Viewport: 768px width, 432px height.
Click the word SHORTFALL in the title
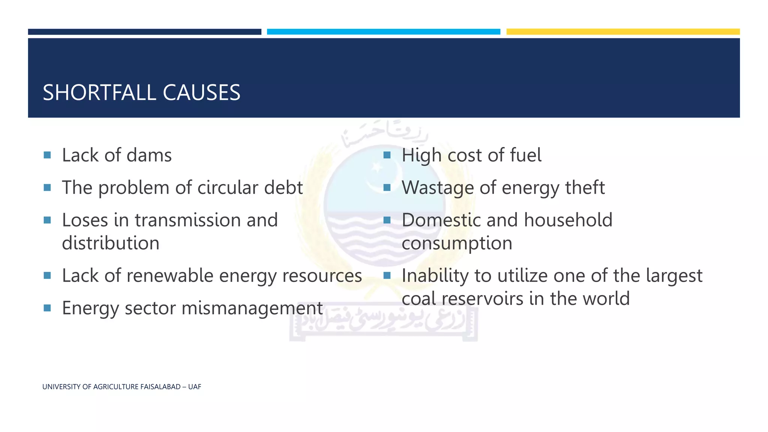tap(99, 93)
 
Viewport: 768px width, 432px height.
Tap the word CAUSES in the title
tap(201, 93)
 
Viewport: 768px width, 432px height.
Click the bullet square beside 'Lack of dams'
tap(47, 155)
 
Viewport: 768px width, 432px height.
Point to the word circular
tap(228, 187)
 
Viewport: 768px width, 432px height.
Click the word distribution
tap(111, 243)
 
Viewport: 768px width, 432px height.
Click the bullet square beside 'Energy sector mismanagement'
tap(47, 308)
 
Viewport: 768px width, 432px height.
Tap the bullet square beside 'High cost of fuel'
tap(387, 155)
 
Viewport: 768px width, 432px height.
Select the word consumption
tap(457, 243)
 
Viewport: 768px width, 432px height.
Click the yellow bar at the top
tap(623, 32)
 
